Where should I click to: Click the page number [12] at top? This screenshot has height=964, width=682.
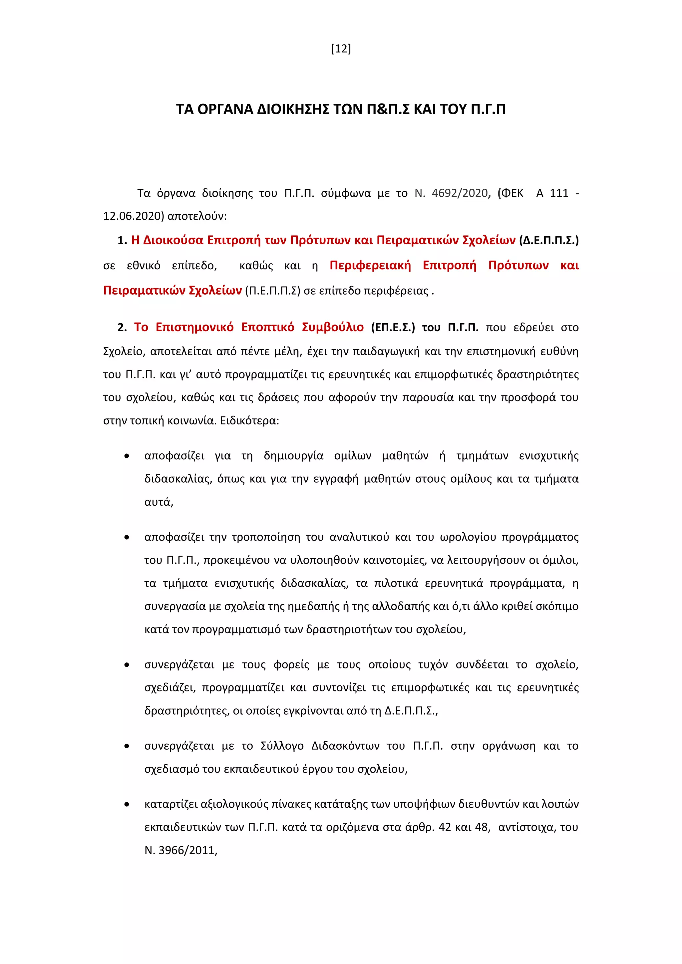tap(341, 49)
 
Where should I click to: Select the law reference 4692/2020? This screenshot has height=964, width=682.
tap(460, 193)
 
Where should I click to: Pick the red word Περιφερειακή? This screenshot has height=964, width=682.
tap(370, 265)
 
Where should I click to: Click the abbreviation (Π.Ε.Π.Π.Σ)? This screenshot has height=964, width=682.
tap(272, 291)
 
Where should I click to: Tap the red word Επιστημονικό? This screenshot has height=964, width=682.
tap(194, 327)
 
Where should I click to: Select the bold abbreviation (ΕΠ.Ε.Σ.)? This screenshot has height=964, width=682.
tap(393, 327)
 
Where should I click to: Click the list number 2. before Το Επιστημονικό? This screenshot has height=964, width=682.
tap(122, 328)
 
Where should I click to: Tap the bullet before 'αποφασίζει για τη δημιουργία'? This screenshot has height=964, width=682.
tap(127, 456)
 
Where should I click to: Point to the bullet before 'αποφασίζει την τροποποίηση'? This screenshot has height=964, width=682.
tap(127, 537)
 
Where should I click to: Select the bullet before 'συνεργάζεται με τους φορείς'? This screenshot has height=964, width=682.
tap(127, 665)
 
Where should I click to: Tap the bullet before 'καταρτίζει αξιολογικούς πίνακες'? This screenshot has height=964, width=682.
tap(127, 805)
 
